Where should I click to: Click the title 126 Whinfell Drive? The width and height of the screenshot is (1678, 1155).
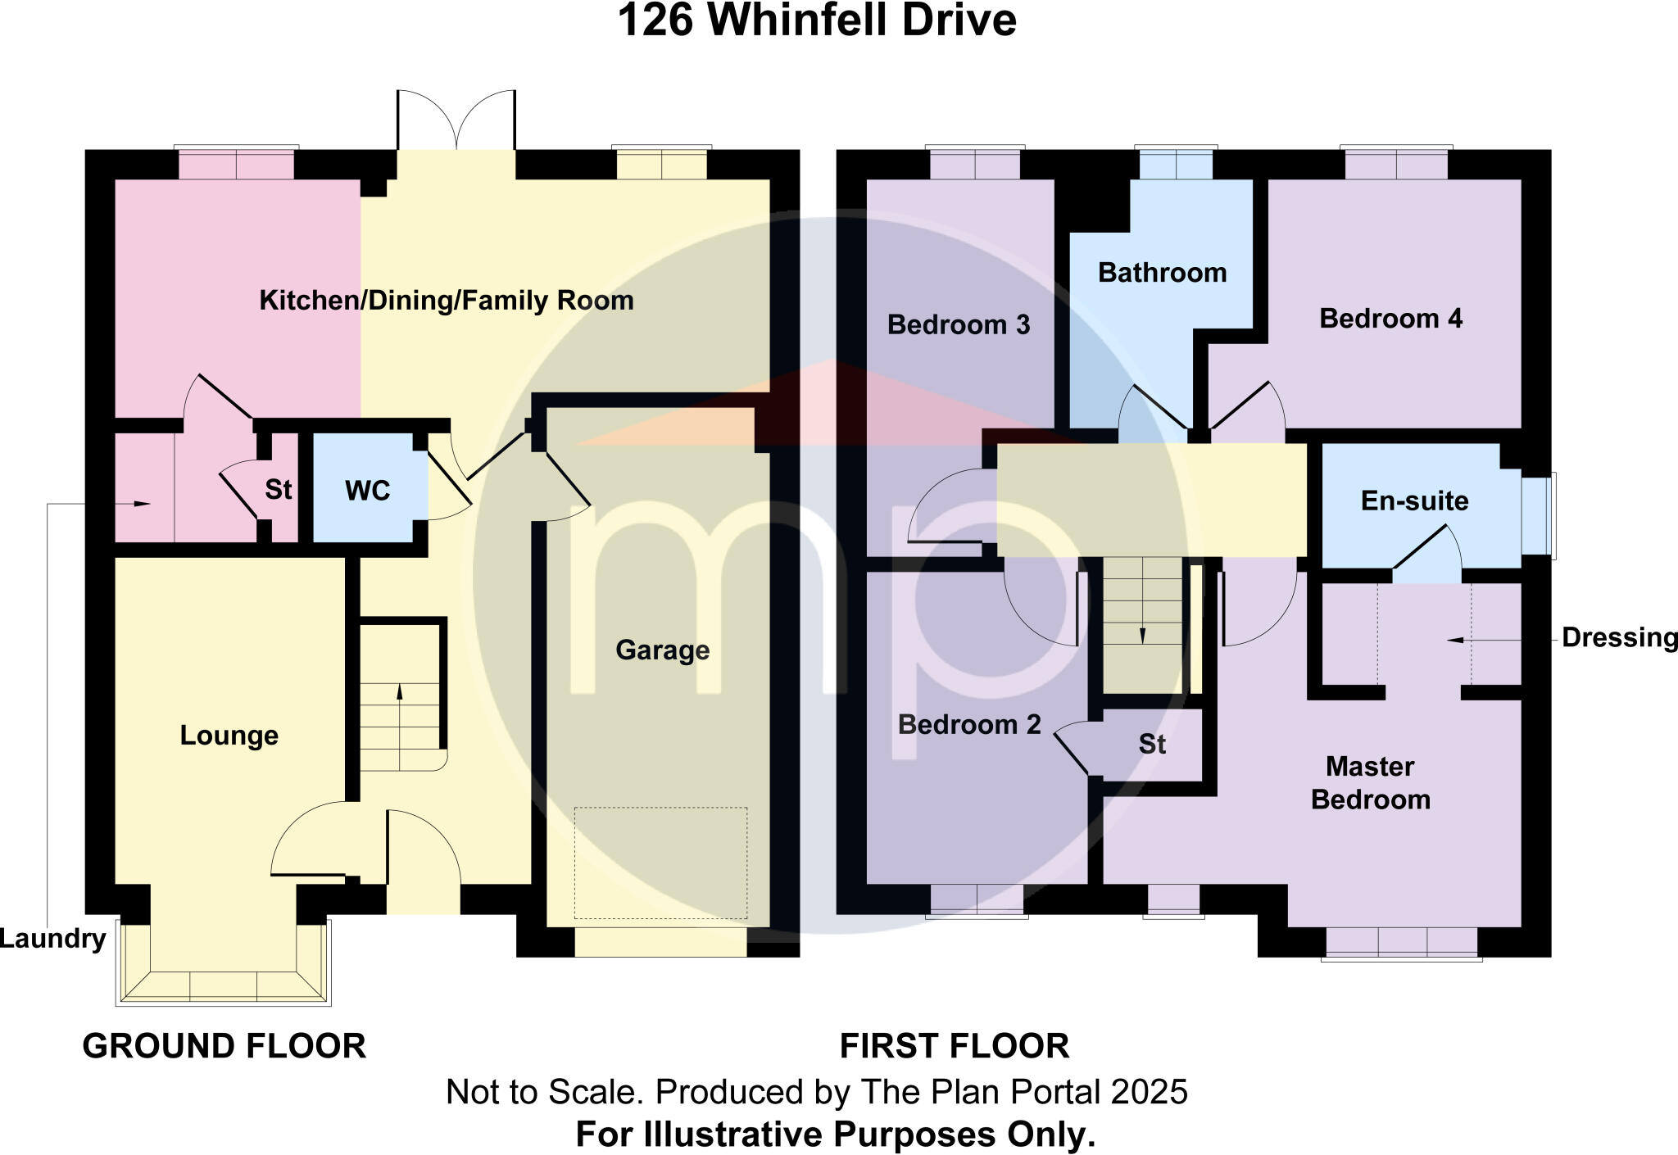pyautogui.click(x=816, y=21)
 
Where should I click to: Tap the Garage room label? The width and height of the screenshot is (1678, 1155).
pyautogui.click(x=662, y=650)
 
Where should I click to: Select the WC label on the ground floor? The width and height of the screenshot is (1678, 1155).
pyautogui.click(x=367, y=491)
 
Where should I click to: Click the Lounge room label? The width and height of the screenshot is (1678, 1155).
pyautogui.click(x=229, y=736)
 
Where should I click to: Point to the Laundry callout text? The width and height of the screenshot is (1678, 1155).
pyautogui.click(x=52, y=939)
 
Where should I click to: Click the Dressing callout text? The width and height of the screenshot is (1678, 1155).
pyautogui.click(x=1619, y=637)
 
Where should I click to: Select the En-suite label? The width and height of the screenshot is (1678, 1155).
pyautogui.click(x=1414, y=500)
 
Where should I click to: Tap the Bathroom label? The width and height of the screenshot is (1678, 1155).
pyautogui.click(x=1162, y=273)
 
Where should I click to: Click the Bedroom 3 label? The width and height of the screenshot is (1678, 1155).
pyautogui.click(x=958, y=325)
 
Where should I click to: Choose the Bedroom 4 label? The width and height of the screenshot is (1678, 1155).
pyautogui.click(x=1390, y=319)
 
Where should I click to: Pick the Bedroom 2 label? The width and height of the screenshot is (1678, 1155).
pyautogui.click(x=968, y=725)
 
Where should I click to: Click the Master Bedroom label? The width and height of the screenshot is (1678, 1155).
pyautogui.click(x=1370, y=783)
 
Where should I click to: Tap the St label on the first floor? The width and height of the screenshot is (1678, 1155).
pyautogui.click(x=1151, y=744)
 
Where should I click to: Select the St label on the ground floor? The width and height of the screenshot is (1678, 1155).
pyautogui.click(x=278, y=490)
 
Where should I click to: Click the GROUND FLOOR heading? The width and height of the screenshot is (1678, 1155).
pyautogui.click(x=224, y=1046)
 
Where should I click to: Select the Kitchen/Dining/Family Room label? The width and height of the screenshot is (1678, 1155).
pyautogui.click(x=447, y=301)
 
